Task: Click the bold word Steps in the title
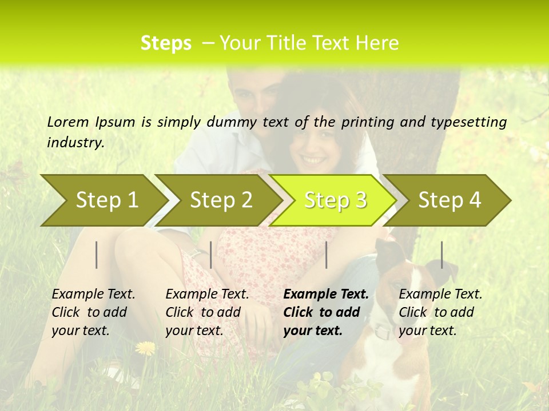pyautogui.click(x=166, y=43)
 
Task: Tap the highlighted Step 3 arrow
pyautogui.click(x=335, y=200)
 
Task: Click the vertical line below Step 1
pyautogui.click(x=97, y=255)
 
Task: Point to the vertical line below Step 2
pyautogui.click(x=211, y=255)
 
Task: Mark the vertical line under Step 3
pyautogui.click(x=326, y=255)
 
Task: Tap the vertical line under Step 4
pyautogui.click(x=441, y=255)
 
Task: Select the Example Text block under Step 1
pyautogui.click(x=93, y=312)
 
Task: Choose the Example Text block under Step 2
pyautogui.click(x=207, y=312)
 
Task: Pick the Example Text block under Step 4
pyautogui.click(x=440, y=312)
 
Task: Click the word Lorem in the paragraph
pyautogui.click(x=67, y=122)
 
